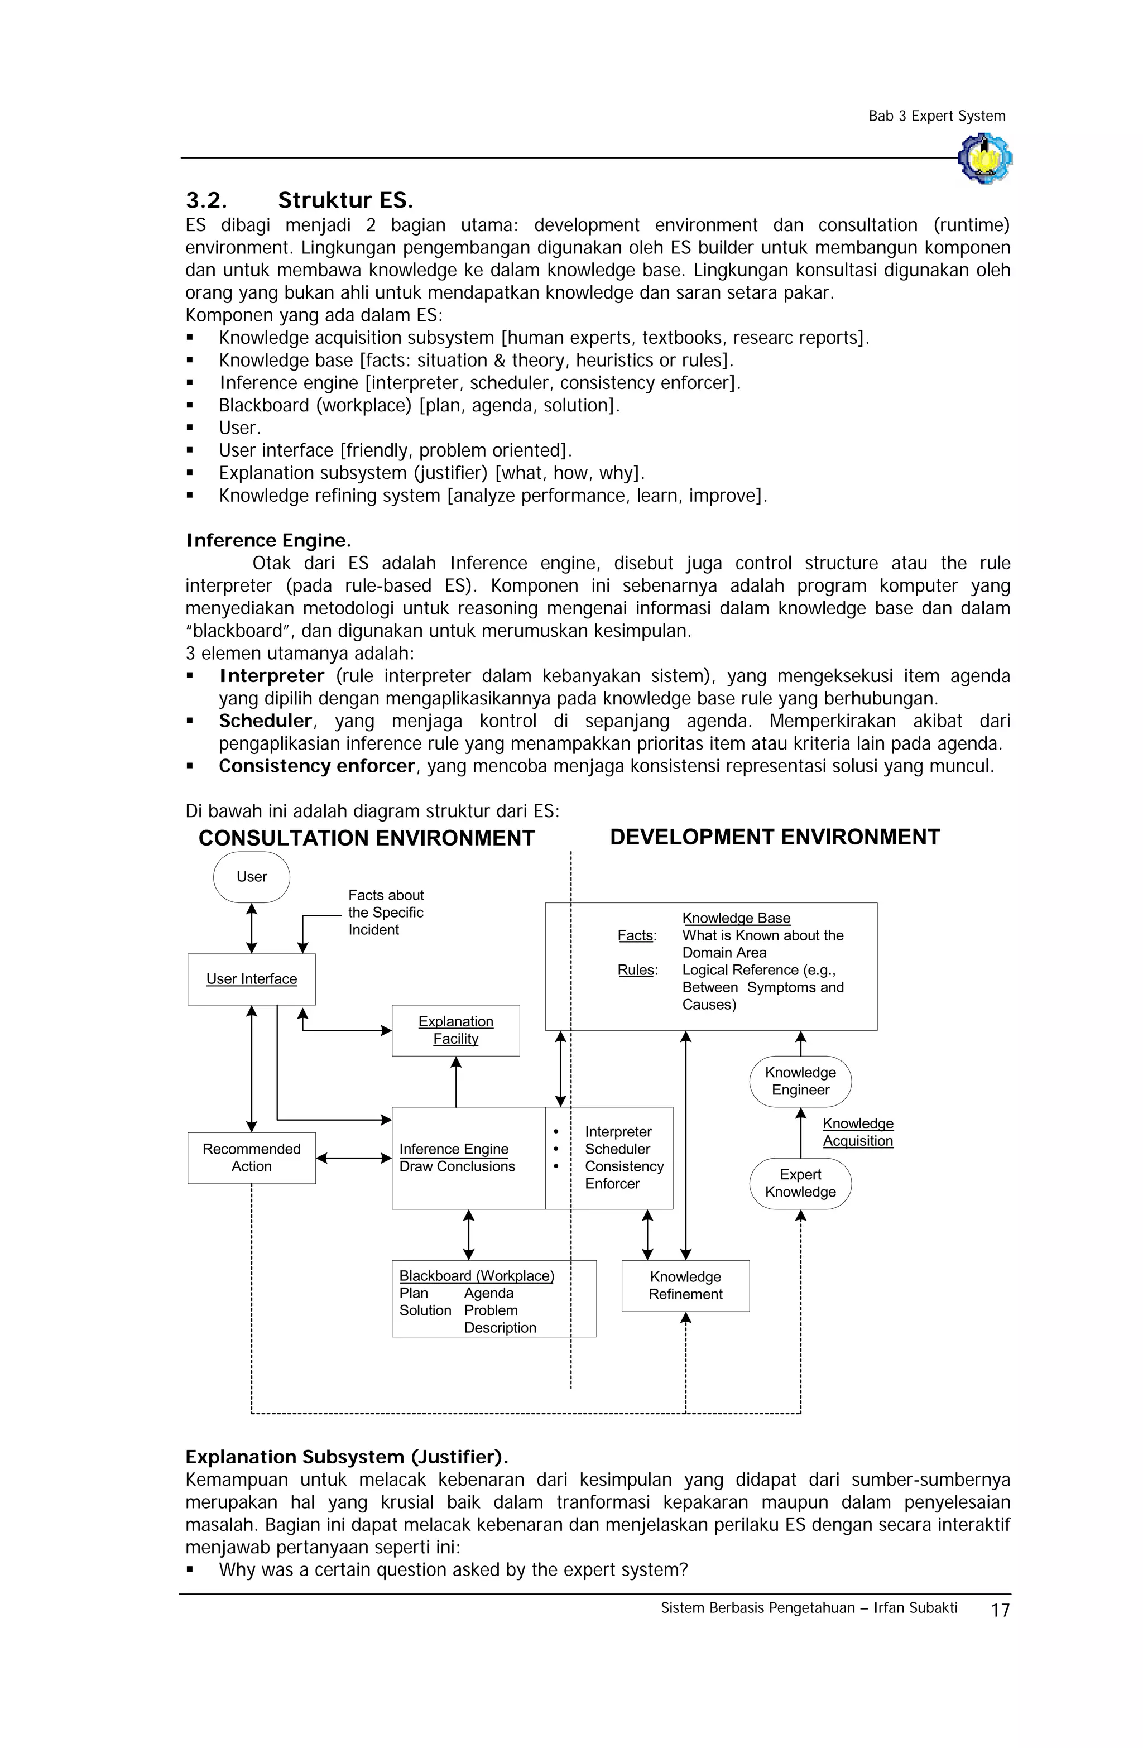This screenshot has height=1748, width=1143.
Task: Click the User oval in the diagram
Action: [251, 876]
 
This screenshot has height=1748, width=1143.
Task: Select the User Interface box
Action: [251, 978]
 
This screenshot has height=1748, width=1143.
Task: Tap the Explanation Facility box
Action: [455, 1030]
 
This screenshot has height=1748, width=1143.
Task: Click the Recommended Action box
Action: [251, 1157]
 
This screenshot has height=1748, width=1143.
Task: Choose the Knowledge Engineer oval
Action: [800, 1081]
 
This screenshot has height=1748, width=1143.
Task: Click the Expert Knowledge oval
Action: [800, 1183]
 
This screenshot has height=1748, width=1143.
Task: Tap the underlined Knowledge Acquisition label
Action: [857, 1132]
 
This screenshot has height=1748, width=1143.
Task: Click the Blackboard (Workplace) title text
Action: [476, 1275]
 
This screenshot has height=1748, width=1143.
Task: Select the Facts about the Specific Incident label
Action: [386, 911]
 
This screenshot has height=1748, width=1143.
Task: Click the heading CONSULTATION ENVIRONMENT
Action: [366, 838]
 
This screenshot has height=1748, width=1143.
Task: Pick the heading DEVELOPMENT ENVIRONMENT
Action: [774, 837]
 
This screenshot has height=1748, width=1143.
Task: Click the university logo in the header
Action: [984, 158]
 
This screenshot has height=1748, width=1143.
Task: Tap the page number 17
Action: [1000, 1610]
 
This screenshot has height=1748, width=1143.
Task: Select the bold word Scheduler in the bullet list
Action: [265, 721]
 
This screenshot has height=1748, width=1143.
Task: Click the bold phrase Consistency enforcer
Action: [316, 766]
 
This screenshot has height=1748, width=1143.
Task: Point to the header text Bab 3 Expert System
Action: [937, 116]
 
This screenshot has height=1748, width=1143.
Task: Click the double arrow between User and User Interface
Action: [251, 928]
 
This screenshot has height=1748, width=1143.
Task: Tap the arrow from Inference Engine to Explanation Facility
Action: [455, 1081]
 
